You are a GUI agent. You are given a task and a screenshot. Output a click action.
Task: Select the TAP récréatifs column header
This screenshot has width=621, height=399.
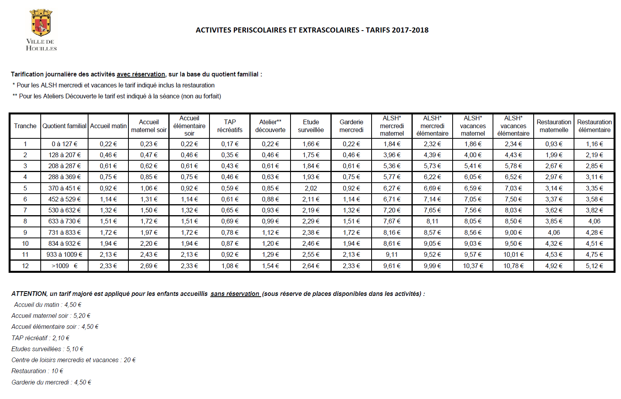(230, 126)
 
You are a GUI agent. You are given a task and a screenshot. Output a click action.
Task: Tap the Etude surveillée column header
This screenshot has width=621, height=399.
(311, 126)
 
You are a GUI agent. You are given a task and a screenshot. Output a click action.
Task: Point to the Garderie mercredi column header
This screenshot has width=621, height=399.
(351, 126)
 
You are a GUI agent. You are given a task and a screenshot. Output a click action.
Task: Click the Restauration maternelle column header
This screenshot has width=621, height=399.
(554, 126)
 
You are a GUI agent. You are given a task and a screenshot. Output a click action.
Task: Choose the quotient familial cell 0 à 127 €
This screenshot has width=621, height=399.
(65, 144)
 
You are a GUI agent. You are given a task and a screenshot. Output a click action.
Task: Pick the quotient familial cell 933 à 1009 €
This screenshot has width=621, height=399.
(65, 254)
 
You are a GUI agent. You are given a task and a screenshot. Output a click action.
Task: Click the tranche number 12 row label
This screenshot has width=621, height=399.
(25, 266)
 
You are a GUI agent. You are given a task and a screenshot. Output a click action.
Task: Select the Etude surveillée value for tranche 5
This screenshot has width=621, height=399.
(311, 188)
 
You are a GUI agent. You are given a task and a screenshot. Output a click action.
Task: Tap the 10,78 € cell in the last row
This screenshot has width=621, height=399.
(513, 266)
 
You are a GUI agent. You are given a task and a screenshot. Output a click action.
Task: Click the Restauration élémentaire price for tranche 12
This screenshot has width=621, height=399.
(594, 266)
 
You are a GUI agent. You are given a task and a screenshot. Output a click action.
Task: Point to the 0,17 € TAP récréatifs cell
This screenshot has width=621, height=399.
(230, 144)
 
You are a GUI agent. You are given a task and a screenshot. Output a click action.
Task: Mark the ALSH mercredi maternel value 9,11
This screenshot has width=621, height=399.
(392, 254)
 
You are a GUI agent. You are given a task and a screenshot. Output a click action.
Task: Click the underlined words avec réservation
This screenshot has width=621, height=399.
(141, 74)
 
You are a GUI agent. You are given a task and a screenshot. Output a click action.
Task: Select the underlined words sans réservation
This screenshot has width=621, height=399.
(235, 294)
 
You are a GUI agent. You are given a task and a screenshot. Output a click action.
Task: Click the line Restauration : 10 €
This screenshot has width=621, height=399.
(37, 371)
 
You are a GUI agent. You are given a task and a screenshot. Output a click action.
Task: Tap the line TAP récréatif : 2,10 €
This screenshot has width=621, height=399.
(40, 338)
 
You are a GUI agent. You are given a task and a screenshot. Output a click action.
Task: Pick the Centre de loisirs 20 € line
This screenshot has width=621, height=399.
(74, 360)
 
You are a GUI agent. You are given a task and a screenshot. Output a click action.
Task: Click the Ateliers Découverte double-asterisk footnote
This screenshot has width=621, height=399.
(117, 96)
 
